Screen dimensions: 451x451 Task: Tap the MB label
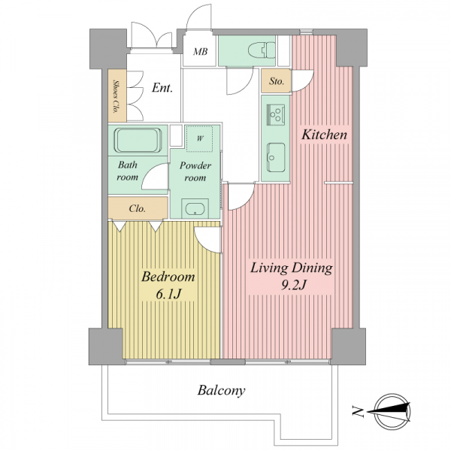(200, 52)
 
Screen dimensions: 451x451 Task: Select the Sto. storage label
(277, 81)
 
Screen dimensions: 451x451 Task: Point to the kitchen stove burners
(276, 114)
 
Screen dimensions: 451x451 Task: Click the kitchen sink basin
(276, 157)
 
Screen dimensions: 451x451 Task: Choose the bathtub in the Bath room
(138, 140)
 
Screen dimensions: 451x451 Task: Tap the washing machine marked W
(200, 138)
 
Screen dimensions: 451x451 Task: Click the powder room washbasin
(195, 208)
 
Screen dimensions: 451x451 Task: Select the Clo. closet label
(138, 208)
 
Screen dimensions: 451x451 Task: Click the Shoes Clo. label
(117, 96)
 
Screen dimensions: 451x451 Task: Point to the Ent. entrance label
(162, 88)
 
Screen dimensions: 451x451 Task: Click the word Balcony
(221, 391)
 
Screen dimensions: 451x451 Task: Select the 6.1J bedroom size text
(168, 294)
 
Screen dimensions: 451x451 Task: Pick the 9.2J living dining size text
(292, 285)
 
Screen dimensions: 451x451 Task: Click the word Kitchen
(324, 135)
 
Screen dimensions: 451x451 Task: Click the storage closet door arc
(307, 86)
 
